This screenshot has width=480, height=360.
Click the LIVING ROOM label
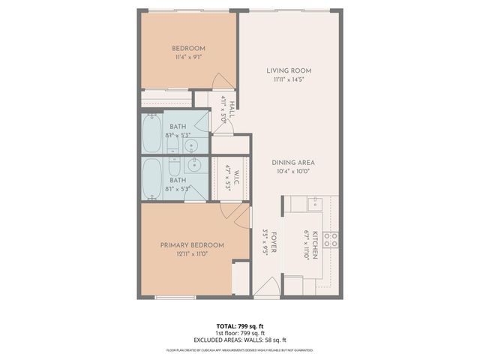click(288, 71)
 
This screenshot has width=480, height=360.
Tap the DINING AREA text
click(292, 162)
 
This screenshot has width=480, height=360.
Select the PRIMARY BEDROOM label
click(192, 245)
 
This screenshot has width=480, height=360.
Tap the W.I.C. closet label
click(234, 177)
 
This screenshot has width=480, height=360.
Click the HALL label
click(232, 109)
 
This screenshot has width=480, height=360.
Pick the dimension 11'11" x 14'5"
click(288, 80)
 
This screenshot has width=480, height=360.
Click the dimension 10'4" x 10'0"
click(292, 171)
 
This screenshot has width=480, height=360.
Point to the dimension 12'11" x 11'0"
click(192, 254)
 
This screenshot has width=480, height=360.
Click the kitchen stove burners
click(330, 240)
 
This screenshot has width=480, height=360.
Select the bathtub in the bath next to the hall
click(152, 132)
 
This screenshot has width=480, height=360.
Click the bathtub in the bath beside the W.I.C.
click(152, 178)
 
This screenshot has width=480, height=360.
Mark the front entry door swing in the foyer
click(265, 288)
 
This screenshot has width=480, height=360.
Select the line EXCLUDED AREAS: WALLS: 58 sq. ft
click(240, 340)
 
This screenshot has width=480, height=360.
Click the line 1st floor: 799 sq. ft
click(240, 333)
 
